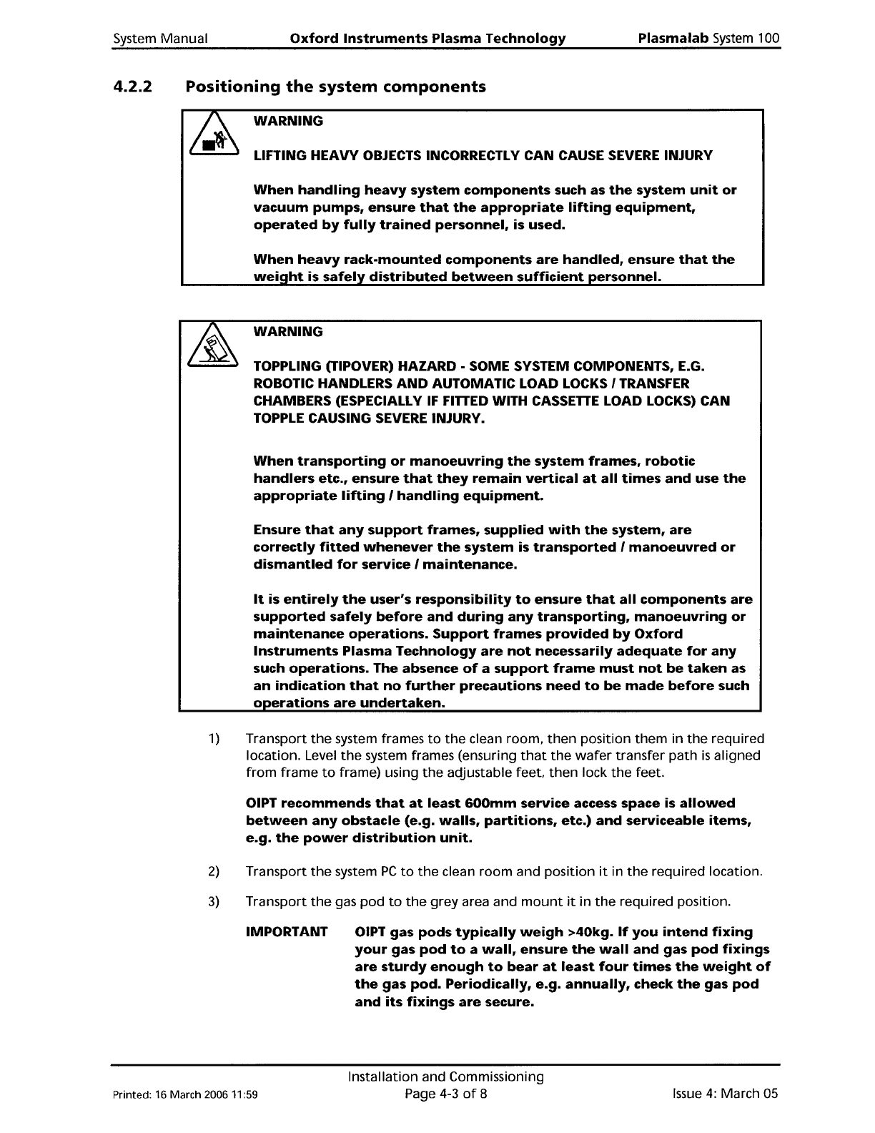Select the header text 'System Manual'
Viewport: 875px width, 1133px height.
(x=160, y=39)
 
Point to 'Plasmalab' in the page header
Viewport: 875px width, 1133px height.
(x=673, y=39)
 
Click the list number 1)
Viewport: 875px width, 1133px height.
(x=213, y=738)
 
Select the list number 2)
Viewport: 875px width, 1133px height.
(x=213, y=871)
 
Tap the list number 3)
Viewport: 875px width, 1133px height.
(x=213, y=901)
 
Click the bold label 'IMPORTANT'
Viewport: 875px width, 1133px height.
(x=287, y=933)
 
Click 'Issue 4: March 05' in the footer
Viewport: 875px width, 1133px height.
(x=725, y=1094)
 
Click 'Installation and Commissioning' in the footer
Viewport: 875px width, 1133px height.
(x=445, y=1076)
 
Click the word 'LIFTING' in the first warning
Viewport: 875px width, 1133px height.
(x=281, y=155)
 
